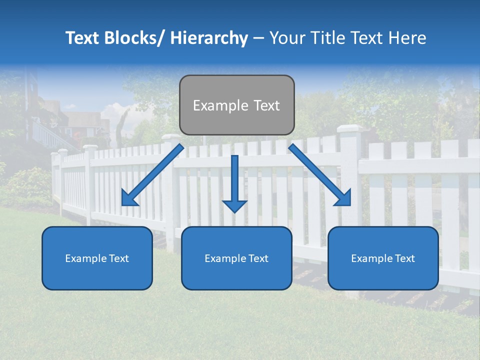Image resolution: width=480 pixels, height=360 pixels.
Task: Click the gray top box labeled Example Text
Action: (x=236, y=105)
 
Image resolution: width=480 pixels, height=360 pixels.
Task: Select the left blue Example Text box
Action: (x=97, y=258)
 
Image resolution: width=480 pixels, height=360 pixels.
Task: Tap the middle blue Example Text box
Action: (x=236, y=258)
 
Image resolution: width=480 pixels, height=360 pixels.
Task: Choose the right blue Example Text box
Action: (x=383, y=258)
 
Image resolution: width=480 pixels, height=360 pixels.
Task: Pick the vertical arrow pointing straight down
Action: (x=234, y=180)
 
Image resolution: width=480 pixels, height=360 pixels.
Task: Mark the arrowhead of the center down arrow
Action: (x=234, y=205)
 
